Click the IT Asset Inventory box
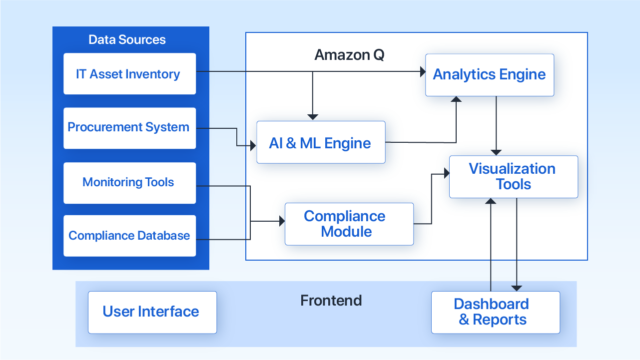pos(129,74)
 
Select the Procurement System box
pos(129,128)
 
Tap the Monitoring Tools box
pos(129,182)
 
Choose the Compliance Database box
pos(129,236)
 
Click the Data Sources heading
pos(127,40)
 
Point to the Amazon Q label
pos(349,55)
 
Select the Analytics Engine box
pos(489,75)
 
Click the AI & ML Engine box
pos(320,143)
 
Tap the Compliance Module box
pos(349,224)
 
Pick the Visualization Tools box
pos(513,177)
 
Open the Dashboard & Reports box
pos(495,312)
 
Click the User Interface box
pos(152,312)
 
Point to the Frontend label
pos(331,301)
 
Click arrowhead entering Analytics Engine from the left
pos(421,71)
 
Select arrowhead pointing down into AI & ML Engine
pos(313,117)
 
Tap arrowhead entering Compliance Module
pos(281,221)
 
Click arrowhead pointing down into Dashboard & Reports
pos(517,288)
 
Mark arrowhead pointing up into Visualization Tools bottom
pos(491,202)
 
